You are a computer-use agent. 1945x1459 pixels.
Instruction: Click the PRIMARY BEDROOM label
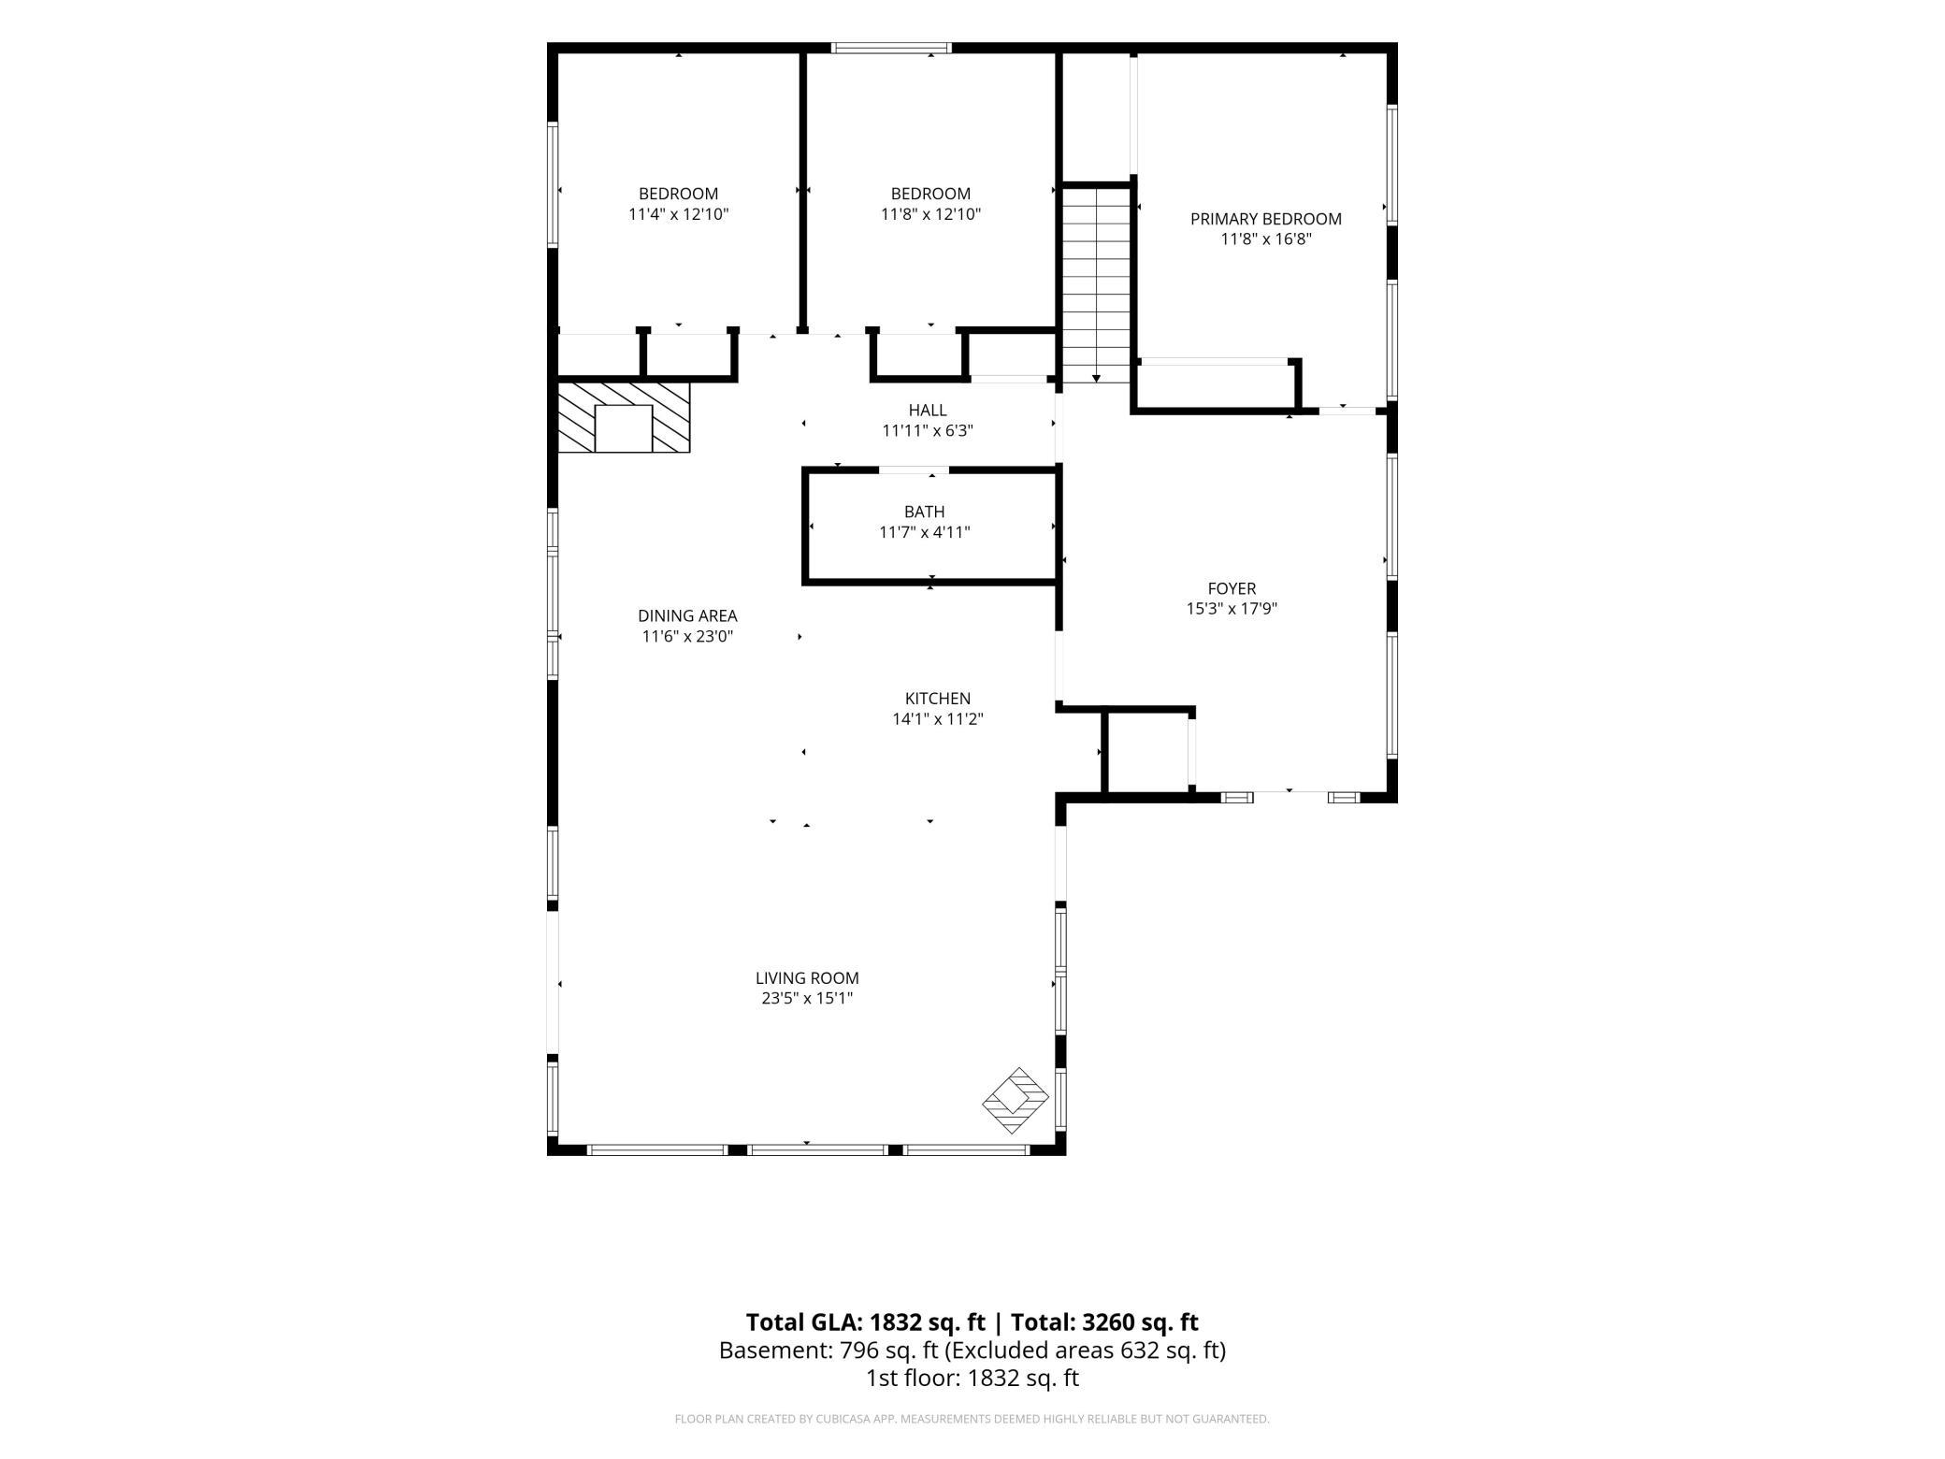(x=1265, y=219)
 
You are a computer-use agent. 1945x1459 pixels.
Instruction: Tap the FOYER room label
(x=1232, y=588)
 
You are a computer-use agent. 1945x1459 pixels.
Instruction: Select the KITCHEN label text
(x=938, y=699)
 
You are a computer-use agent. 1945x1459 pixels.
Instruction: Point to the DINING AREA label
(x=687, y=616)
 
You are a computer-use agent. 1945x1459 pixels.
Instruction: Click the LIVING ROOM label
(x=807, y=978)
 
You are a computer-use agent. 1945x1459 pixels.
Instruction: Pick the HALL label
(x=928, y=411)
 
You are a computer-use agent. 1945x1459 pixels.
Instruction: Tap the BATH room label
(x=925, y=512)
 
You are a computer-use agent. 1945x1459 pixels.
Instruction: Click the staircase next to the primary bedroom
(x=1097, y=284)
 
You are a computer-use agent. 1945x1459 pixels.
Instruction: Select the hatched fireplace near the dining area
(x=624, y=417)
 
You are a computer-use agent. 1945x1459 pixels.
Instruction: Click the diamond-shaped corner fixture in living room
(x=1016, y=1102)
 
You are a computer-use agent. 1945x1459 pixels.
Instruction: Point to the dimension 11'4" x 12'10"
(x=679, y=214)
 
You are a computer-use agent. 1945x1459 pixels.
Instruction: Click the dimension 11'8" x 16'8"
(x=1266, y=239)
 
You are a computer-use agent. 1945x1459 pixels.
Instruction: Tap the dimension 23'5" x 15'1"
(x=807, y=999)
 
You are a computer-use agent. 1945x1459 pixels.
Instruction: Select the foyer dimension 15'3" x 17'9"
(x=1232, y=609)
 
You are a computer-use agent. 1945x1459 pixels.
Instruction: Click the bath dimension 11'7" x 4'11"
(x=925, y=532)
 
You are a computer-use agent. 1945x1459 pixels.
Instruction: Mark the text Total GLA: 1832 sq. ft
(x=866, y=1322)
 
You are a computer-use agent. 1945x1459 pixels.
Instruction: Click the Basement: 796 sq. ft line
(x=972, y=1351)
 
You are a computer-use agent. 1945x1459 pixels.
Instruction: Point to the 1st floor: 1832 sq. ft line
(x=972, y=1378)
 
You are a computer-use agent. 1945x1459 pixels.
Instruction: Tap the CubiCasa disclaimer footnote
(x=972, y=1419)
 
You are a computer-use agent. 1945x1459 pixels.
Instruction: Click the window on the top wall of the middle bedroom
(x=892, y=48)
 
